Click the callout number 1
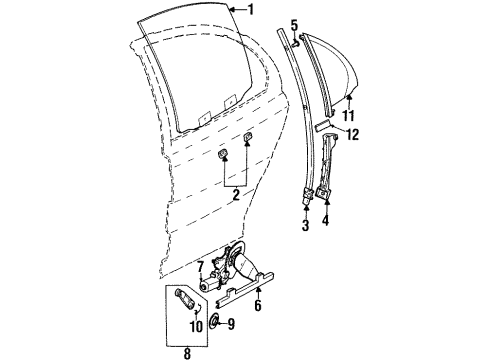click(251, 10)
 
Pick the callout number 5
click(294, 24)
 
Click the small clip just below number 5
click(295, 42)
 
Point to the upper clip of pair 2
click(246, 136)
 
